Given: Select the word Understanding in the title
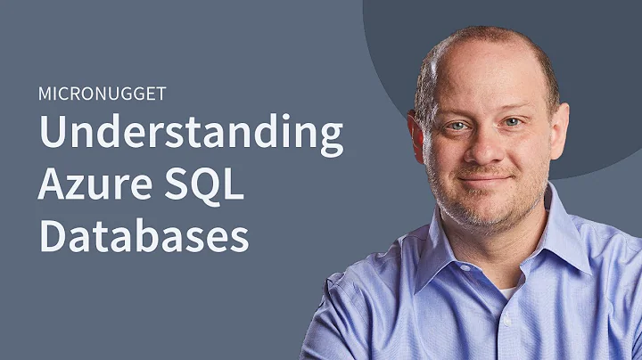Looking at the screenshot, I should pyautogui.click(x=190, y=136).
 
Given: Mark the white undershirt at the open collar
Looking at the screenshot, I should pyautogui.click(x=506, y=291).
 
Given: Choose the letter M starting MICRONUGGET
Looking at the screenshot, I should pyautogui.click(x=44, y=93).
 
